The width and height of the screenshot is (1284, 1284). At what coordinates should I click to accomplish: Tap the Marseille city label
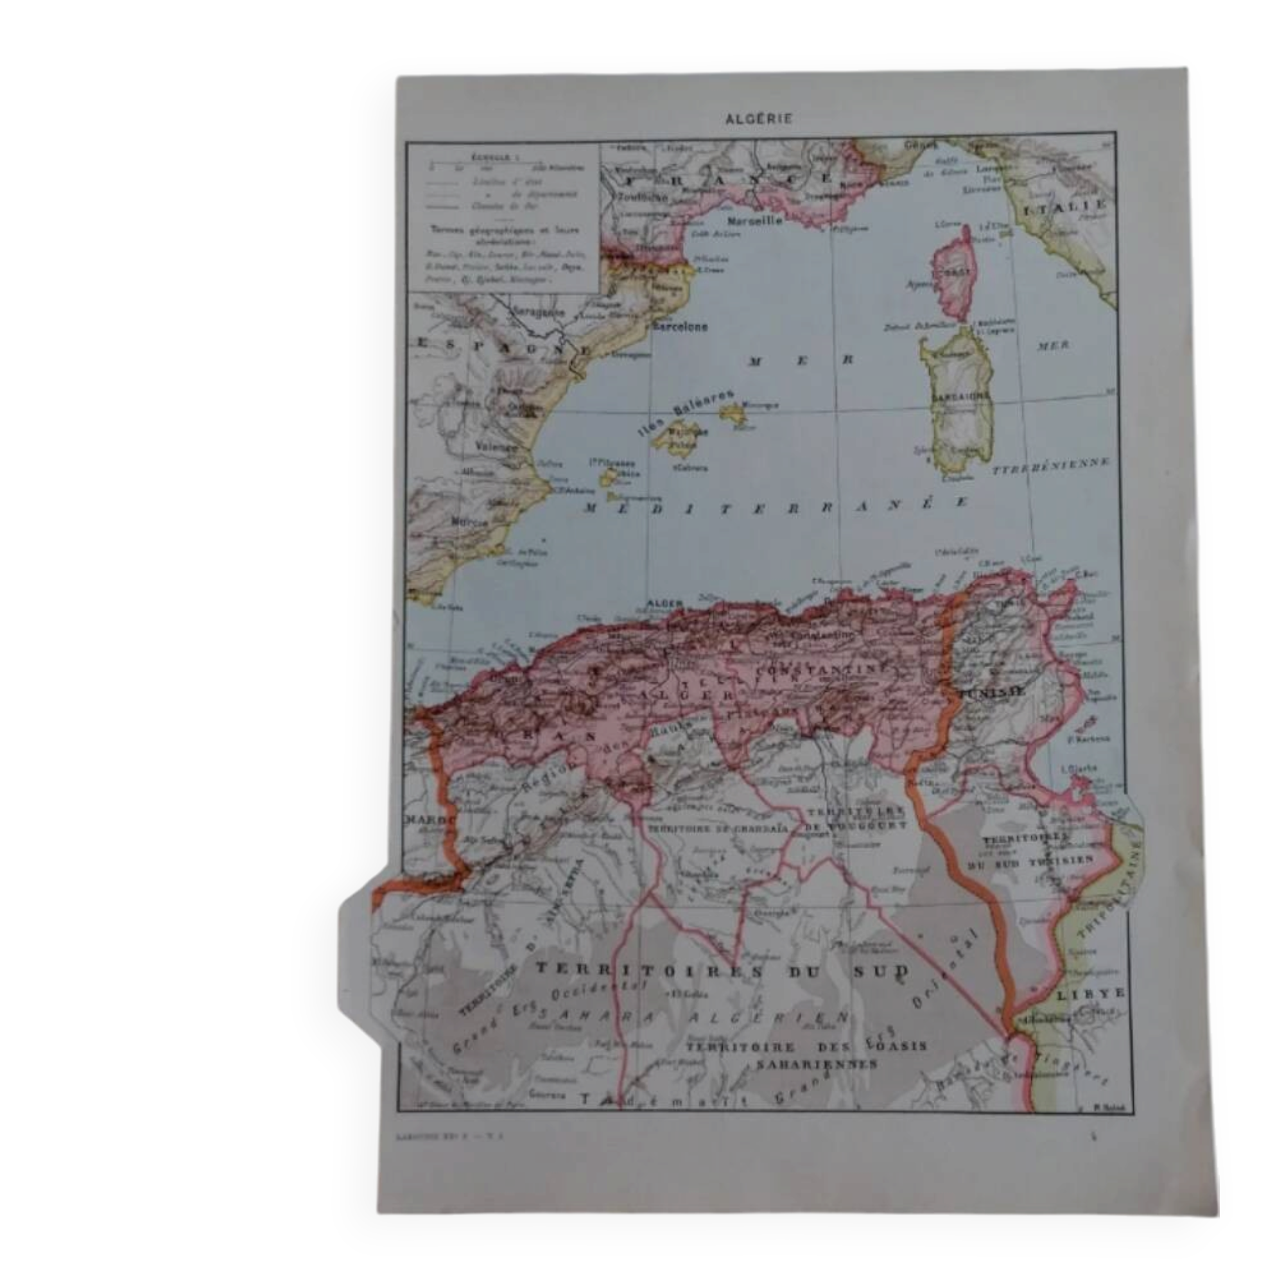(754, 221)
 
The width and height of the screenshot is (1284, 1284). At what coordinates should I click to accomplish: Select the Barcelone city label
(679, 327)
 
